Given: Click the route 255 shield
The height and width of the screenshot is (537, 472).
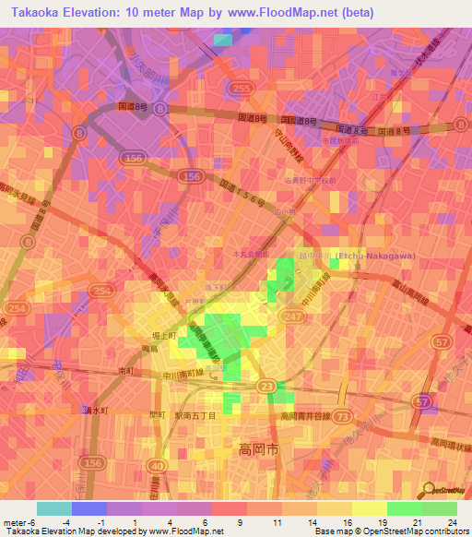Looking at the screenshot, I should click(242, 88).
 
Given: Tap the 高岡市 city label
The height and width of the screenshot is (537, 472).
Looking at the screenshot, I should click(248, 451).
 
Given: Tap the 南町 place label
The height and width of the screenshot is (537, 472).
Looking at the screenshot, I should click(127, 370).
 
